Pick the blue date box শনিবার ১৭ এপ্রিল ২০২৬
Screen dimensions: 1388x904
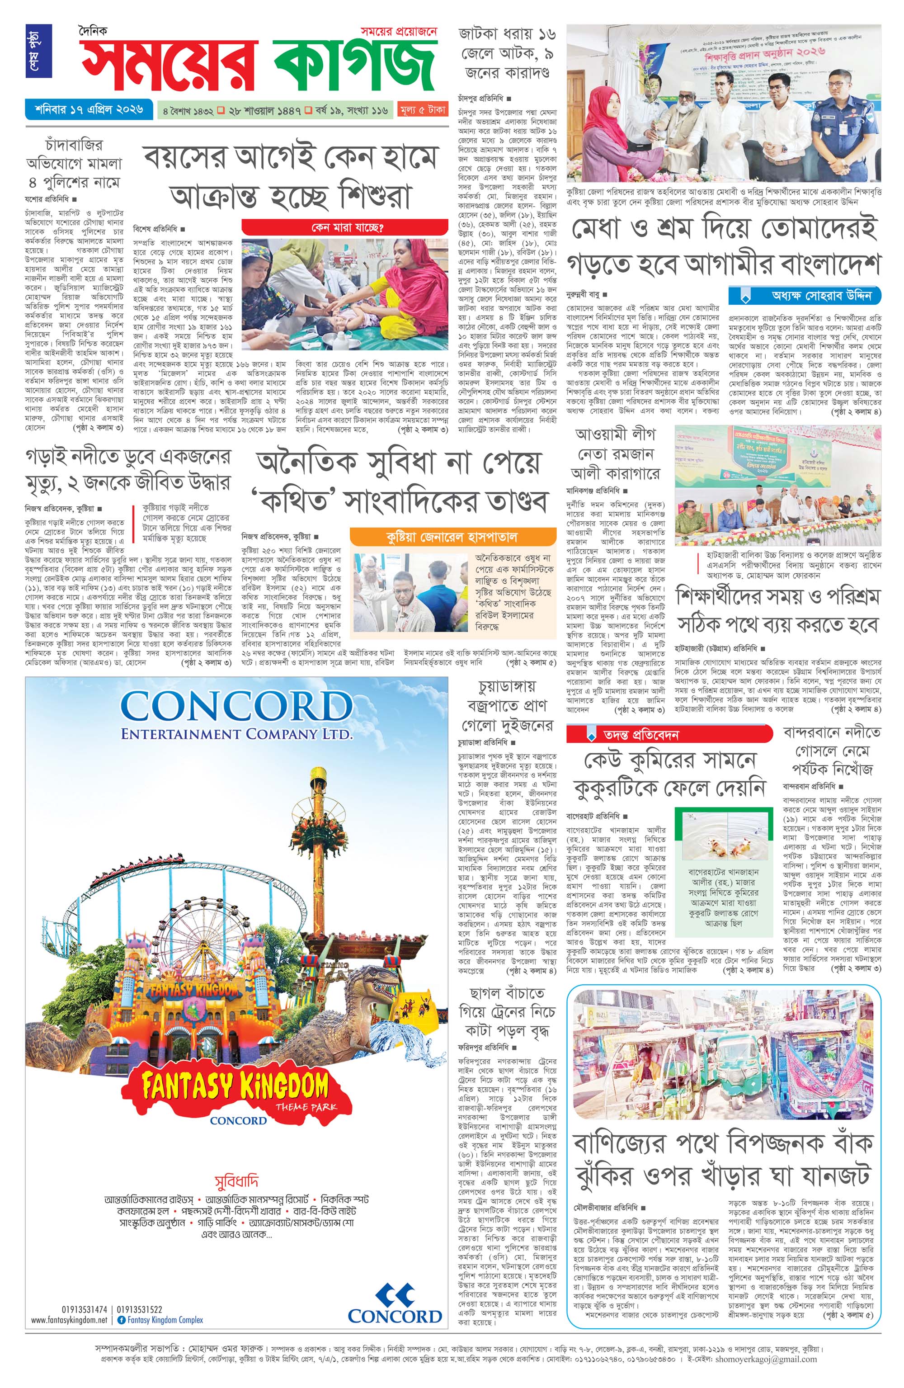(x=89, y=109)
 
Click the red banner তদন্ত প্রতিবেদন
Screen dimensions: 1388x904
(x=669, y=734)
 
